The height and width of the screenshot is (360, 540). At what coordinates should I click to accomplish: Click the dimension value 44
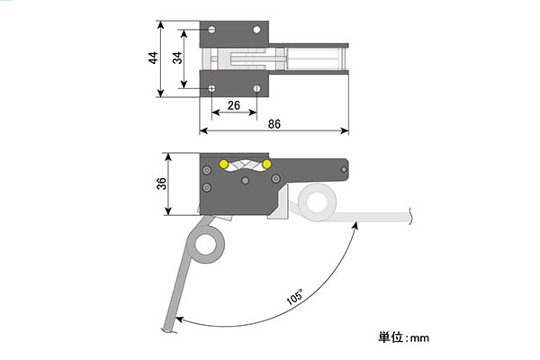pyautogui.click(x=153, y=58)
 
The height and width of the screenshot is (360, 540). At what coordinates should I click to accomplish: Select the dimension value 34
pyautogui.click(x=177, y=58)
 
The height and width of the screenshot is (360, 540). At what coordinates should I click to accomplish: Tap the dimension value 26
pyautogui.click(x=234, y=105)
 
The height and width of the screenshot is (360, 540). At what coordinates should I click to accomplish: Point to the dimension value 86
pyautogui.click(x=274, y=124)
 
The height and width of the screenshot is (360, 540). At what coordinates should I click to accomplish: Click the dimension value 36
pyautogui.click(x=161, y=184)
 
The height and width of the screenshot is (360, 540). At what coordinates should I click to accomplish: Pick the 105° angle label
pyautogui.click(x=295, y=297)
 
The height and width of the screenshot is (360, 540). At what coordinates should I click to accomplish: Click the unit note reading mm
pyautogui.click(x=419, y=338)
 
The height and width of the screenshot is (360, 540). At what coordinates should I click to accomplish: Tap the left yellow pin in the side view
pyautogui.click(x=224, y=165)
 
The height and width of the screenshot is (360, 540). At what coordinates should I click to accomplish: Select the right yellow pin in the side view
pyautogui.click(x=266, y=165)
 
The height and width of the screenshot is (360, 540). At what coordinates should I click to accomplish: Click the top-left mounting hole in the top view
pyautogui.click(x=211, y=30)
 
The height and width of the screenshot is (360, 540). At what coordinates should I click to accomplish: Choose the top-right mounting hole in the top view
pyautogui.click(x=256, y=30)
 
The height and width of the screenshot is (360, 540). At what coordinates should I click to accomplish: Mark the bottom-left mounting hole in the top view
pyautogui.click(x=211, y=88)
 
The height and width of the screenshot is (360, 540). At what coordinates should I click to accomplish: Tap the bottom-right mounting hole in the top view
pyautogui.click(x=256, y=88)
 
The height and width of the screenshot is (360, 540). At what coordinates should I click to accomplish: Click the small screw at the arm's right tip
pyautogui.click(x=344, y=169)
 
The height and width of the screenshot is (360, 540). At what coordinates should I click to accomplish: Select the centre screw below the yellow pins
pyautogui.click(x=245, y=180)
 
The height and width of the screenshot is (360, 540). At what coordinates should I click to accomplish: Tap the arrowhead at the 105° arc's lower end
pyautogui.click(x=180, y=319)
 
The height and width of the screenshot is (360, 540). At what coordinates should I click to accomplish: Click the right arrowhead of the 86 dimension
pyautogui.click(x=345, y=130)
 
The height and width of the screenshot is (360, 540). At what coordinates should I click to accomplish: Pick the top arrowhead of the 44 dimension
pyautogui.click(x=160, y=25)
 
